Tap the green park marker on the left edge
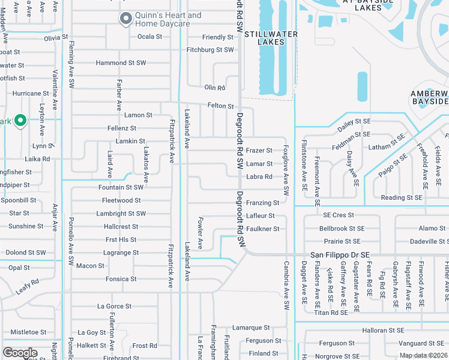pos(20,121)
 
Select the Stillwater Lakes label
pos(270,38)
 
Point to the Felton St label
pos(220,106)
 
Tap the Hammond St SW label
pos(121,62)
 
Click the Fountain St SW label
pos(121,187)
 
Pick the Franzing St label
pos(262,203)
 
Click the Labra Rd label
pos(259,177)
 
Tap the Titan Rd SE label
pos(331,312)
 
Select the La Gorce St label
pos(114,306)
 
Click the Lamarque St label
pos(251,328)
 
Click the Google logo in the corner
pos(20,353)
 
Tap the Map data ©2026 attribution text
pos(423,355)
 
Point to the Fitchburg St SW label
pos(210,50)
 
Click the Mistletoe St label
pos(28,332)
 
